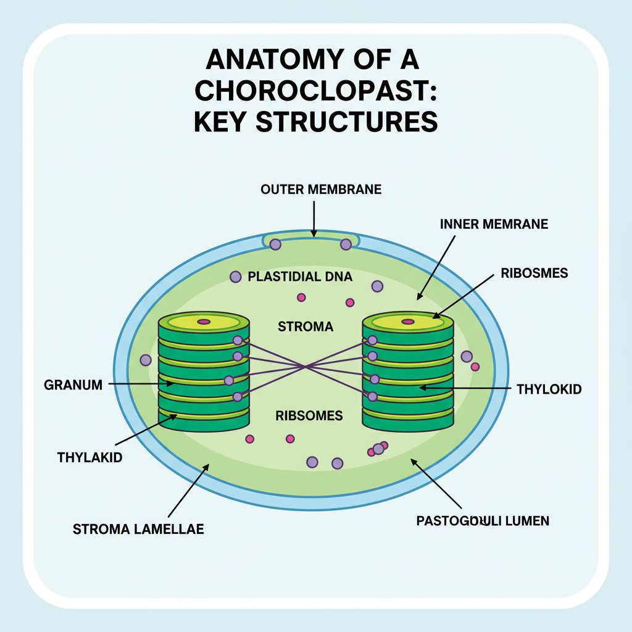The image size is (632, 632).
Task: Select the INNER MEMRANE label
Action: (494, 224)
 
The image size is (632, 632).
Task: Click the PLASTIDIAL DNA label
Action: (300, 276)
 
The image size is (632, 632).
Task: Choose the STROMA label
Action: (306, 326)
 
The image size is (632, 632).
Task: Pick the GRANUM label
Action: (73, 385)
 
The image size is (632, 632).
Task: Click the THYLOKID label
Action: (549, 389)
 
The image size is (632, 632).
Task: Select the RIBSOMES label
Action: (309, 416)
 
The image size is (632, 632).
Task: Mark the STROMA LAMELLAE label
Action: (138, 529)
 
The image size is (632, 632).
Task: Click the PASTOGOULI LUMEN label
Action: (483, 521)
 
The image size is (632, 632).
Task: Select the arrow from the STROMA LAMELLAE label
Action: (188, 491)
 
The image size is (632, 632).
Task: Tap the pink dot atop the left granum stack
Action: (203, 322)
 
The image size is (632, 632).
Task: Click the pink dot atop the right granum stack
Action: (408, 322)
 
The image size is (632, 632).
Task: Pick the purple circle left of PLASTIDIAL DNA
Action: (235, 277)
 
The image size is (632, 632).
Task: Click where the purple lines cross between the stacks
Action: (305, 367)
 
